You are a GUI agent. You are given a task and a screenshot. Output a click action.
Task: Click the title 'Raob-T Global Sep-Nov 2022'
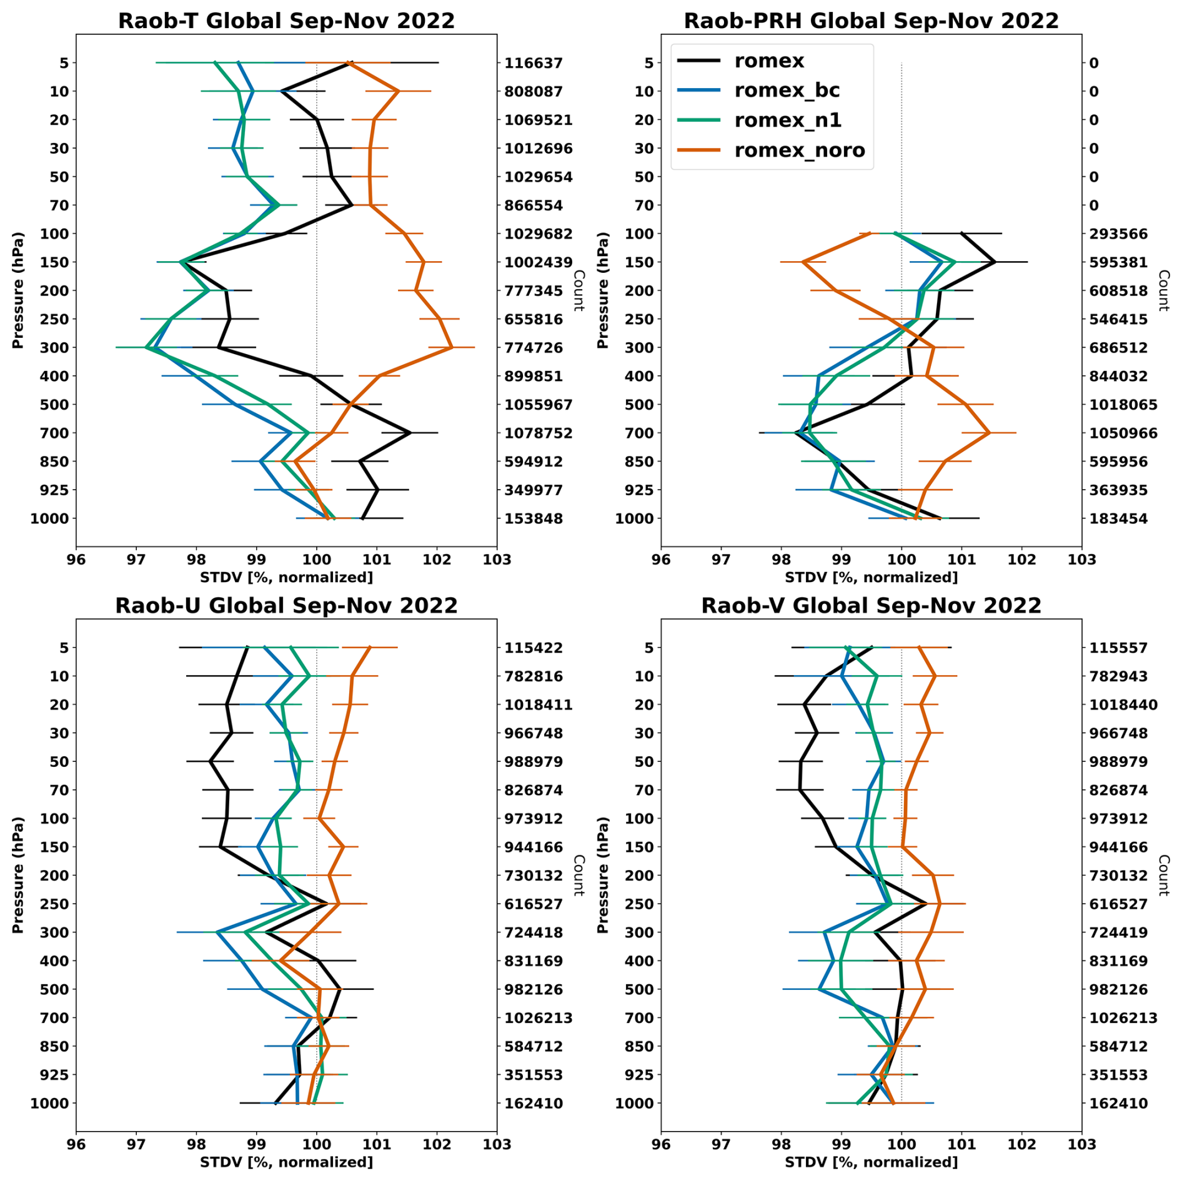click(x=286, y=21)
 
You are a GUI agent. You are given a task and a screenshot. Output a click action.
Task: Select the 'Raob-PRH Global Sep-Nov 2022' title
click(x=871, y=21)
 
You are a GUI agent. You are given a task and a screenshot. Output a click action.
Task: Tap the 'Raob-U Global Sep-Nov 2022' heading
click(x=286, y=605)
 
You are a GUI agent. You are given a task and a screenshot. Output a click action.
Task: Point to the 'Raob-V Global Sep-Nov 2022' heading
click(x=871, y=605)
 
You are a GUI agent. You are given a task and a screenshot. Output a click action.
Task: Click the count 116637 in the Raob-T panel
click(x=534, y=63)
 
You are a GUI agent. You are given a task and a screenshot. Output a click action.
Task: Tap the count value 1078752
click(x=539, y=433)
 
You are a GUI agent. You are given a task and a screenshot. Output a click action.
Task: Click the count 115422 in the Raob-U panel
click(x=534, y=648)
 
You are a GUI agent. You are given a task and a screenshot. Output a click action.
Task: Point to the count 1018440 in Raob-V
click(x=1123, y=704)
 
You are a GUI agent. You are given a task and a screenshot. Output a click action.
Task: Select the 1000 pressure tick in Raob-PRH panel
click(x=635, y=518)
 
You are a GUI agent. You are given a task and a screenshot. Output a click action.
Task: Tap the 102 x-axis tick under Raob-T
click(x=437, y=559)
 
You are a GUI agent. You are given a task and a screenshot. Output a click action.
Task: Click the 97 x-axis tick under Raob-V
click(x=721, y=1144)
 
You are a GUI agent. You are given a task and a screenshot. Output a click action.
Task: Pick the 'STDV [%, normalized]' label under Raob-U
click(x=286, y=1162)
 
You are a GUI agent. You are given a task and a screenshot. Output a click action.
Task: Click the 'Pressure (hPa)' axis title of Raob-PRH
click(x=602, y=290)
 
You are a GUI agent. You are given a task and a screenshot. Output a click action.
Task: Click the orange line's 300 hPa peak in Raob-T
click(x=451, y=347)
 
